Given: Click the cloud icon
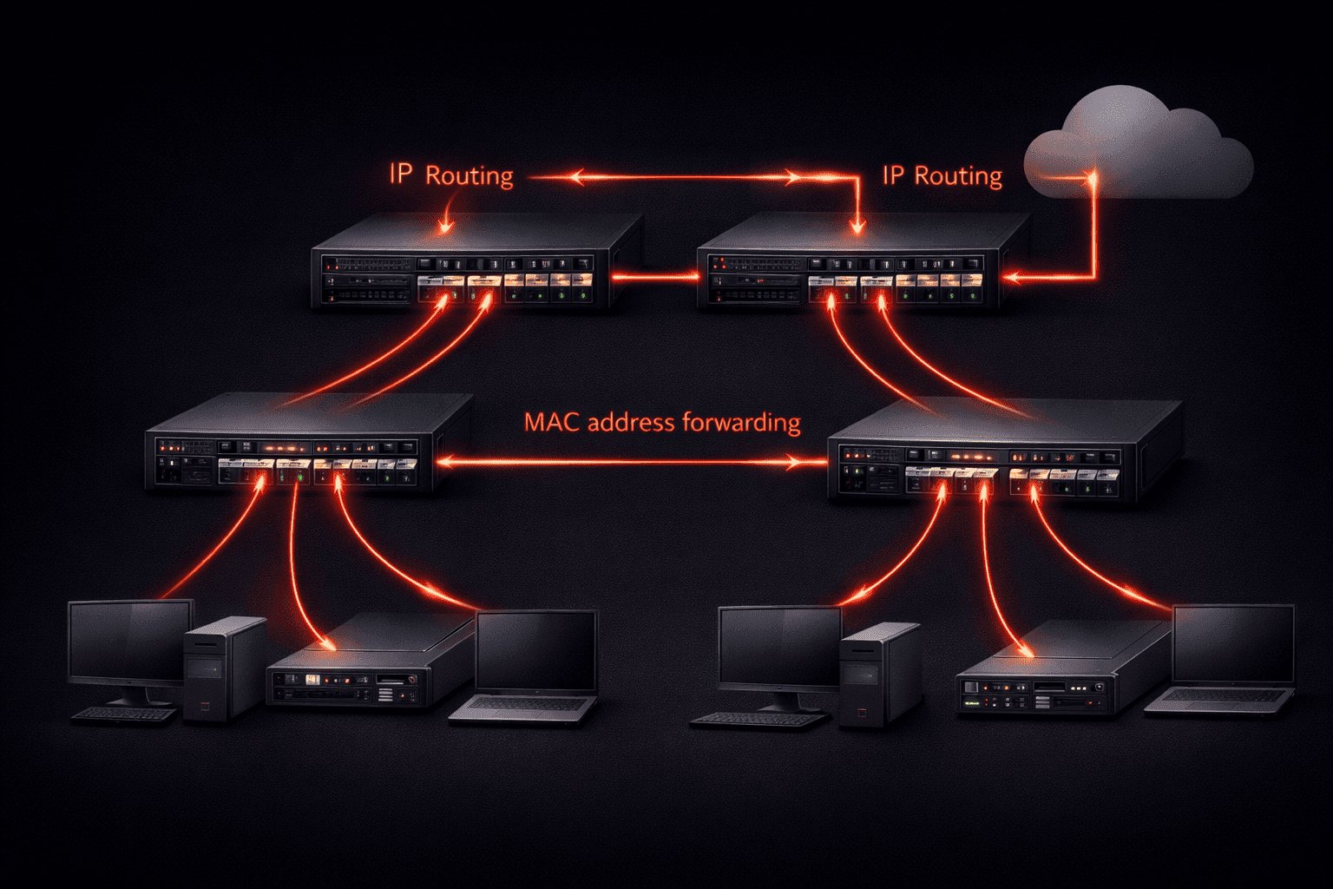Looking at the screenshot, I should click(x=1137, y=148).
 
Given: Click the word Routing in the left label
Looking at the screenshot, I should click(x=470, y=176).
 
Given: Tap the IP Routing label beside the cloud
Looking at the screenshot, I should click(x=942, y=176).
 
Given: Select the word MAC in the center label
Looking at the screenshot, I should click(x=552, y=423).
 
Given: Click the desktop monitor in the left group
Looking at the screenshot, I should click(x=130, y=642).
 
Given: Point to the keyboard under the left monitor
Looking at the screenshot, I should click(x=124, y=714).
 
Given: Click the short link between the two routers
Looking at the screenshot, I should click(x=655, y=278).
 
